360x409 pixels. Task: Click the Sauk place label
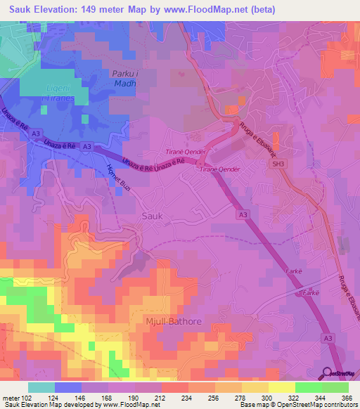153,216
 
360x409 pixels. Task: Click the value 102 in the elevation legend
25,398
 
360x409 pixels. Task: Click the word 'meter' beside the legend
9,398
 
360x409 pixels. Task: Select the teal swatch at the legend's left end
41,387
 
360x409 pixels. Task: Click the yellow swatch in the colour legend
282,387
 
